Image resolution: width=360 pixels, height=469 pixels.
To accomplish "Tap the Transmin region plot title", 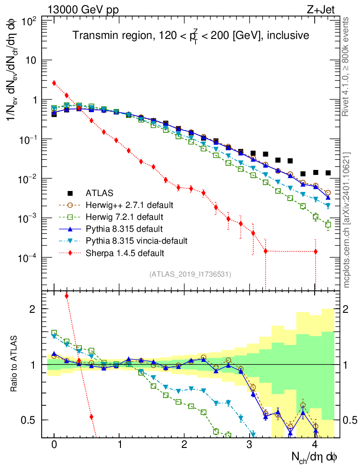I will pos(191,35).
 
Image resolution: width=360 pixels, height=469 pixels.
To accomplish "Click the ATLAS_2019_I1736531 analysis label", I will pos(190,274).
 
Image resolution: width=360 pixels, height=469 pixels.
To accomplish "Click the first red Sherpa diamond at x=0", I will pos(54,83).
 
